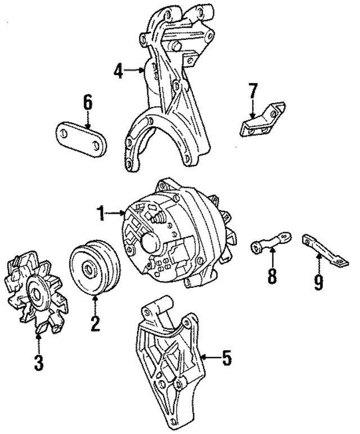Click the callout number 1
coord(101,213)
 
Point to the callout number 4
coord(117,71)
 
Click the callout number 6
coord(87,103)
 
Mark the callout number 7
coord(253,92)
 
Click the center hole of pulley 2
coord(88,270)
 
